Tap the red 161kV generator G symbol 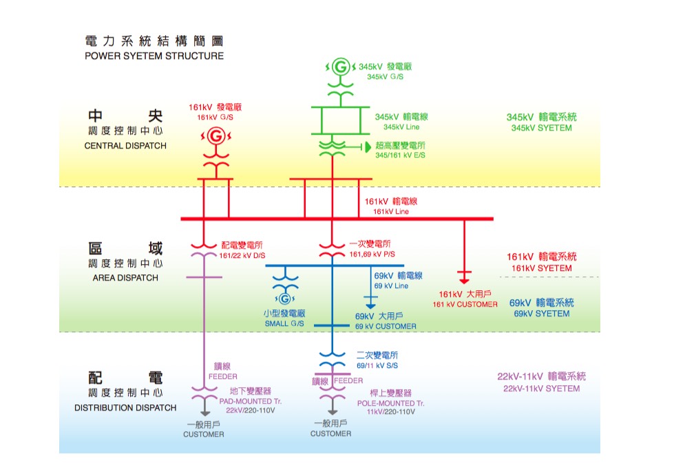pyautogui.click(x=215, y=136)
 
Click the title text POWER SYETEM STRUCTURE pyautogui.click(x=154, y=56)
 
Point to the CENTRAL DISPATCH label pyautogui.click(x=125, y=146)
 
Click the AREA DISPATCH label pyautogui.click(x=125, y=278)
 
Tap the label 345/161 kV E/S pyautogui.click(x=400, y=155)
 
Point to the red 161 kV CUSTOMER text pyautogui.click(x=465, y=304)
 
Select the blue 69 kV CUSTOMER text pyautogui.click(x=386, y=326)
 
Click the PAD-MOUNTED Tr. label pyautogui.click(x=251, y=401)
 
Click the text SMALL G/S pyautogui.click(x=284, y=323)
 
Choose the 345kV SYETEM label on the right pyautogui.click(x=541, y=128)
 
